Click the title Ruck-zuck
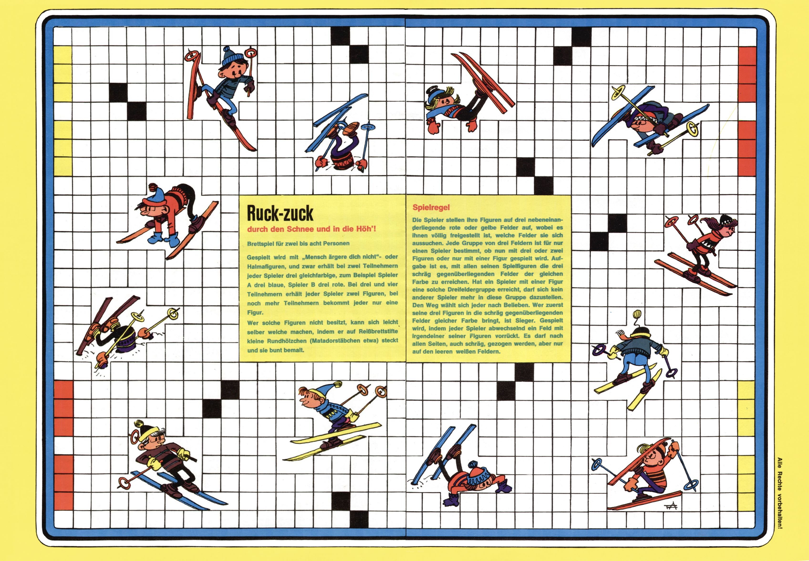[280, 213]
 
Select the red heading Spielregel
[431, 207]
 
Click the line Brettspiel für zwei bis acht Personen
[298, 243]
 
